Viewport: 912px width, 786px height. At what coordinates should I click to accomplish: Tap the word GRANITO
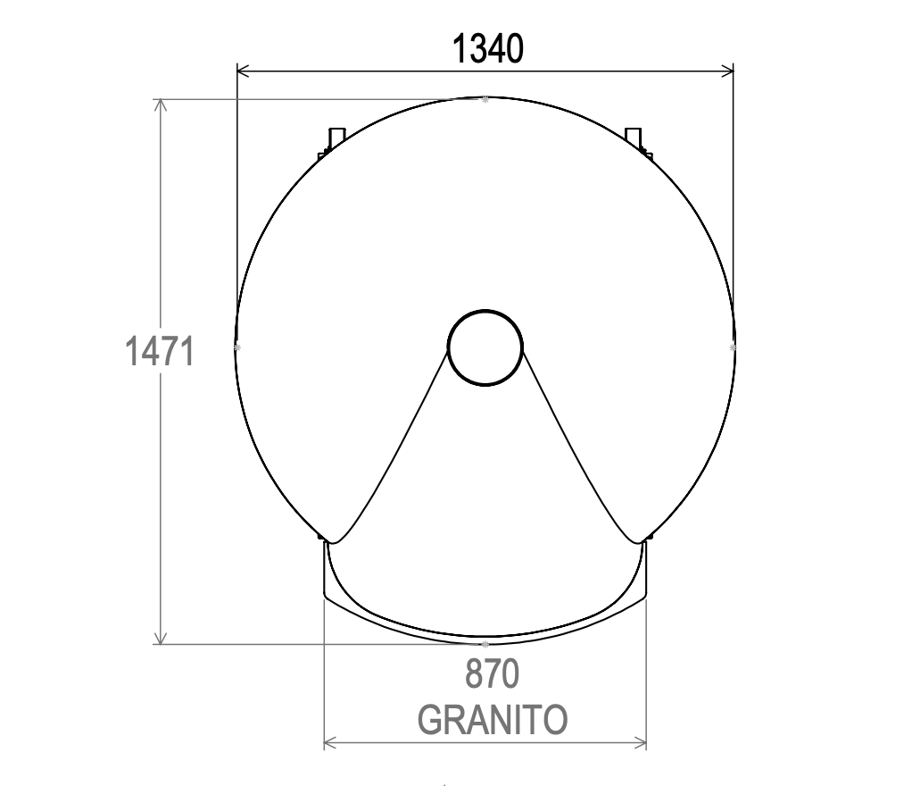point(492,719)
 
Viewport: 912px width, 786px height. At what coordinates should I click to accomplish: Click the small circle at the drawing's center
point(485,347)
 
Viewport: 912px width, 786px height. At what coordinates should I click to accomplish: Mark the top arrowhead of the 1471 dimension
point(161,105)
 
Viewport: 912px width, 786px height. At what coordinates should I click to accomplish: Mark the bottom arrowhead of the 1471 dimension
point(161,638)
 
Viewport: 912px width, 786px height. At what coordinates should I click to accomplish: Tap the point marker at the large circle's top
point(485,99)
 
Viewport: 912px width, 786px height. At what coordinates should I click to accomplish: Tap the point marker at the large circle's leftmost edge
point(236,346)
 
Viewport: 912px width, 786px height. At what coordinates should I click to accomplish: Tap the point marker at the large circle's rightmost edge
point(733,346)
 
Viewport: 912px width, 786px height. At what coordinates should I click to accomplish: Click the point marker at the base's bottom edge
point(485,643)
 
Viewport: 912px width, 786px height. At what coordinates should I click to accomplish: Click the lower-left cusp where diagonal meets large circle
point(330,541)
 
